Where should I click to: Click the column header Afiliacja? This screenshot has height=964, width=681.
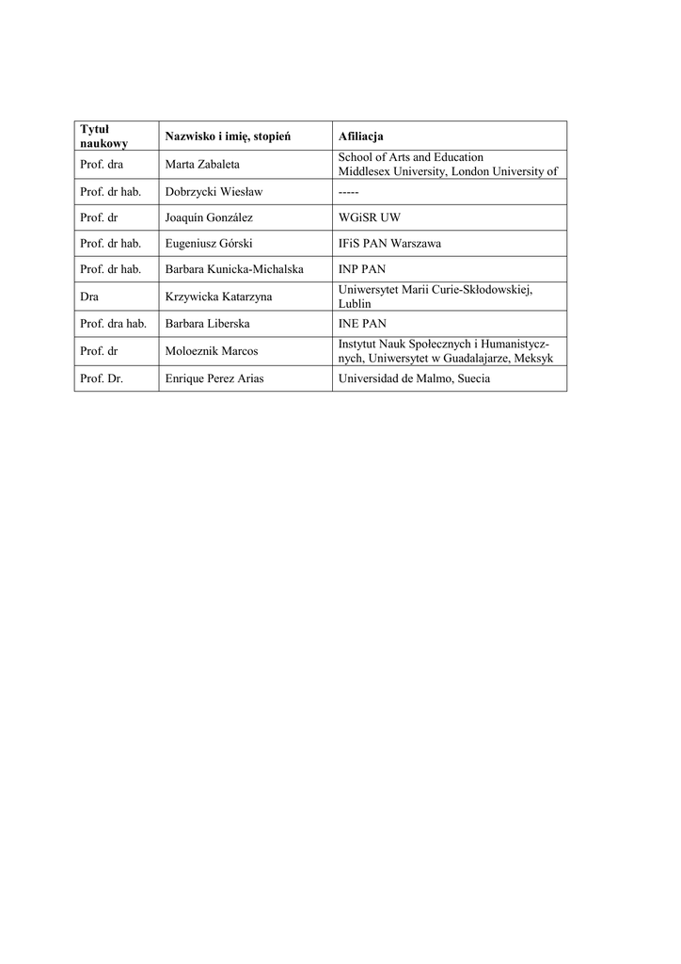coord(360,137)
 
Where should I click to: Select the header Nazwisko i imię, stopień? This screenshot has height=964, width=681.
coord(228,137)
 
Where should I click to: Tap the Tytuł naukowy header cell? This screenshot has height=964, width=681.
coord(103,137)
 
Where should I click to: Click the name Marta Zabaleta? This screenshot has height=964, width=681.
coord(202,165)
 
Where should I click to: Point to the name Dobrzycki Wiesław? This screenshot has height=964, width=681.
coord(214,192)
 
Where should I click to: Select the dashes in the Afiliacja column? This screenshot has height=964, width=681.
coord(348,192)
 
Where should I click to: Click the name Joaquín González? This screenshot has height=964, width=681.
coord(209,217)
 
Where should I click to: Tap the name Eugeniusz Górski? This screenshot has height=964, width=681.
coord(209,243)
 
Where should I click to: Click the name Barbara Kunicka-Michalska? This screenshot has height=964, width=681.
coord(234,269)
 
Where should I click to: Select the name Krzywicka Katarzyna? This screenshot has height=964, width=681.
coord(218,297)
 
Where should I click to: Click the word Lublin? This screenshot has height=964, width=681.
coord(355,304)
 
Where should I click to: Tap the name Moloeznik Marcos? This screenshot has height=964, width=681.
coord(212,351)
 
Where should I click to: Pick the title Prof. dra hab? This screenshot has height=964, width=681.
coord(114,324)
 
